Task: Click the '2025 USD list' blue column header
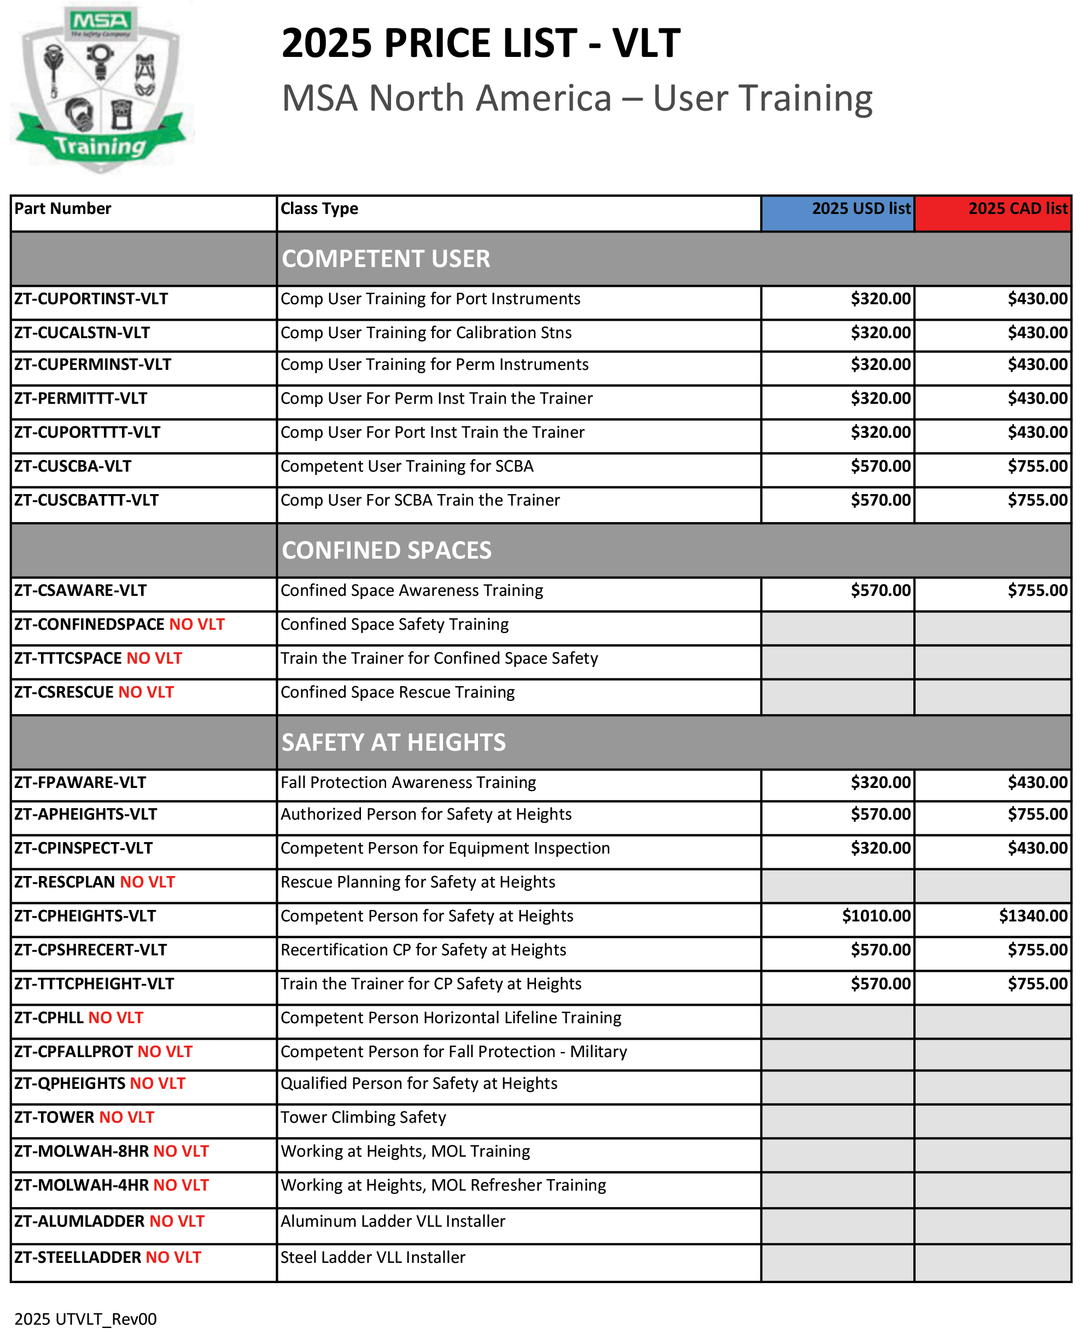coord(837,209)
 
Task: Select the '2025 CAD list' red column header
coord(993,209)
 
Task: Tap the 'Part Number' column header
coord(63,209)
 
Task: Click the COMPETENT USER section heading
coord(386,259)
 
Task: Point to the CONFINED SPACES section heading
coord(386,550)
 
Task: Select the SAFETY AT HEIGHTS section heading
coord(393,743)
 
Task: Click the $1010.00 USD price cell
coord(876,916)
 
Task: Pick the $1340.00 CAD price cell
coord(1033,916)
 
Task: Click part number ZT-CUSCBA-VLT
coord(73,466)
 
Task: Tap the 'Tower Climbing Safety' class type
coord(363,1117)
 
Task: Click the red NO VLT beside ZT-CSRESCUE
coord(145,692)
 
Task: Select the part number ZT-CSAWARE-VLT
coord(80,590)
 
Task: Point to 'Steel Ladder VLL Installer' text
coord(372,1257)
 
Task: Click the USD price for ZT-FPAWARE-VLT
coord(881,782)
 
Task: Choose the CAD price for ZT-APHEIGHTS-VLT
coord(1037,814)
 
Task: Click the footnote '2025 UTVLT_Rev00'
coord(85,1319)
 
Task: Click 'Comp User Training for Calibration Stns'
coord(425,333)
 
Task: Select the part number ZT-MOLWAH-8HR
coord(81,1151)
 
